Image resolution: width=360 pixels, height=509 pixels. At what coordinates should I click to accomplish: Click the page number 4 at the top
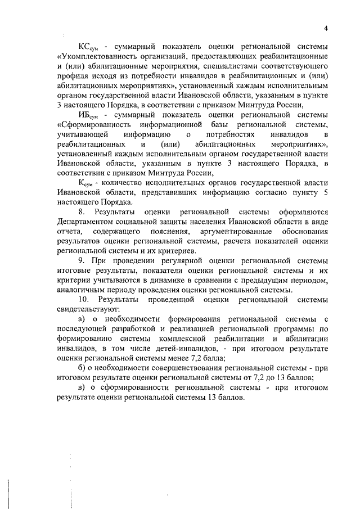click(x=326, y=29)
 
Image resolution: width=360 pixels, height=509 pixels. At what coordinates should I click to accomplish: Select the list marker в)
click(x=82, y=387)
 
